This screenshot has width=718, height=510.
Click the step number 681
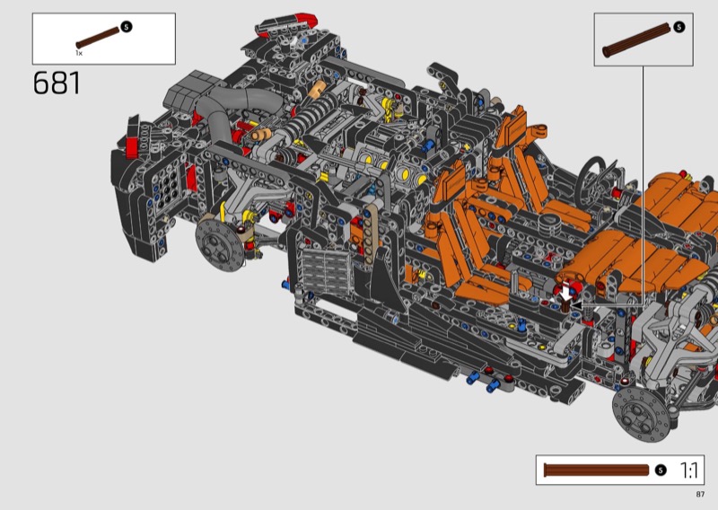(57, 84)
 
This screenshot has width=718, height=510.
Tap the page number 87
(700, 494)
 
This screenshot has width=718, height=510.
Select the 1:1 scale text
(688, 470)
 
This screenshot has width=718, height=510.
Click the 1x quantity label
(79, 53)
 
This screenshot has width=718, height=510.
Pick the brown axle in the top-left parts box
(98, 38)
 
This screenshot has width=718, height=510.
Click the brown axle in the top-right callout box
(638, 40)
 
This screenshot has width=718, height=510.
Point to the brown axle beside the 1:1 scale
(596, 470)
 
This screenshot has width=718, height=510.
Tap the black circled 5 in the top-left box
(127, 27)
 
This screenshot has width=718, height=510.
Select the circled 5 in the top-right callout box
(679, 27)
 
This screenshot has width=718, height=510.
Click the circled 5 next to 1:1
(661, 470)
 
